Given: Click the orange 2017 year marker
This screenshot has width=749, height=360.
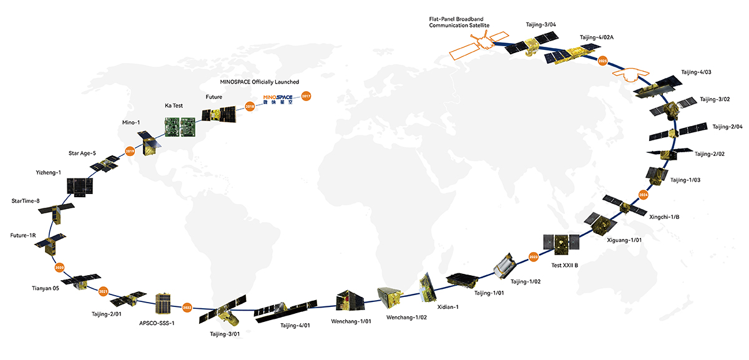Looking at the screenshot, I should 306,96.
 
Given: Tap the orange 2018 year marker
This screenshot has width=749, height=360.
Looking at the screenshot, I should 250,107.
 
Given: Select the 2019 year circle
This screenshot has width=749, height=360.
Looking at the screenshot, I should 130,151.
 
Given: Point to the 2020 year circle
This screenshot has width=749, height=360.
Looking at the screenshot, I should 60,267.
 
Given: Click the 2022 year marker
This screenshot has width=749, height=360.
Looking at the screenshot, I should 187,307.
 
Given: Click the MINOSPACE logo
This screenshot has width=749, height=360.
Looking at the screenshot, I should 278,100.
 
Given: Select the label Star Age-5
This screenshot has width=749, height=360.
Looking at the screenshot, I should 82,152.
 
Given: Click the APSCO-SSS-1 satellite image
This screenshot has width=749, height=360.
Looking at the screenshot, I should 164,303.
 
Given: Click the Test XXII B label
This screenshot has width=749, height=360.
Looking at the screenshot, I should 564,265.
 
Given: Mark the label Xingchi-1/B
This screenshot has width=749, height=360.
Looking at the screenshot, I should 665,216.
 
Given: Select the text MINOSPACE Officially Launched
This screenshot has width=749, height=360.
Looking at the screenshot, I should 260,82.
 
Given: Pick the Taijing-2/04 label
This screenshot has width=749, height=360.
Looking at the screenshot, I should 727,127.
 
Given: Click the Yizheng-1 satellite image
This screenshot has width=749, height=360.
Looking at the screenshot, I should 80,185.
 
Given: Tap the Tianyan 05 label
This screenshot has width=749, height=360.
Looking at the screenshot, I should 45,288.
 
